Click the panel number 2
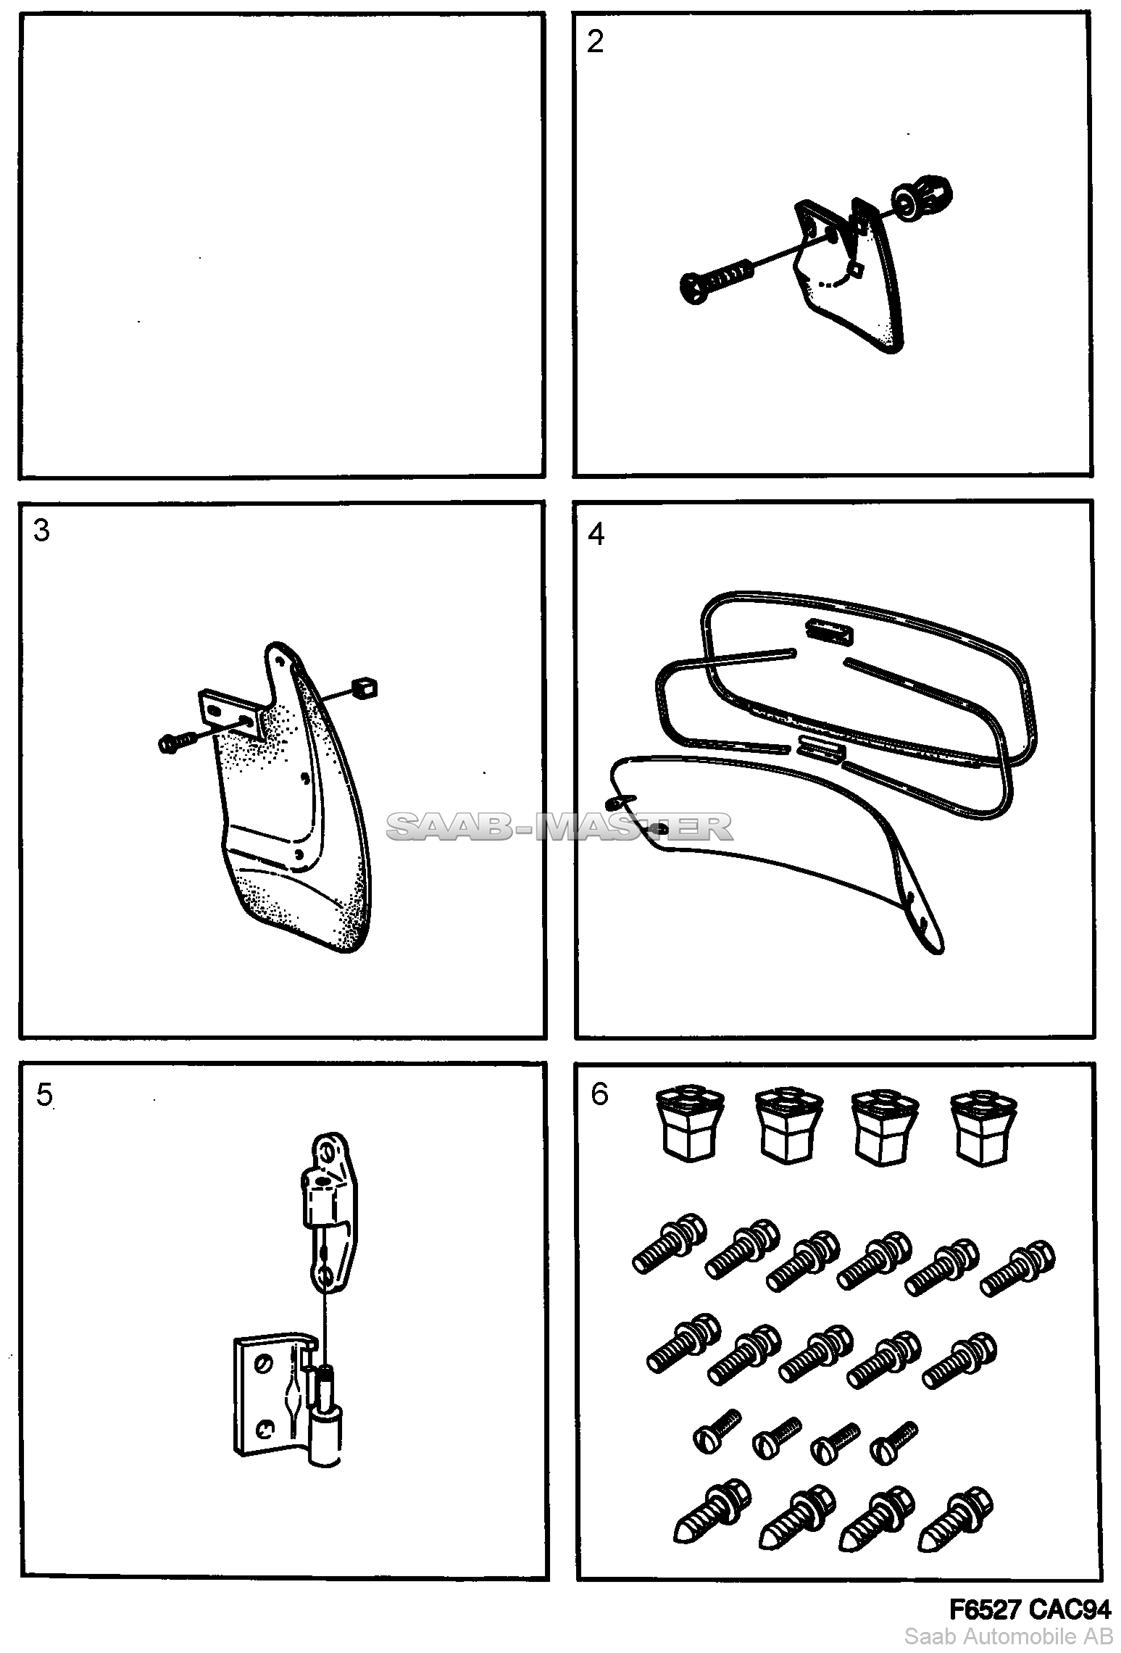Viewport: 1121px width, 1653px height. tap(595, 42)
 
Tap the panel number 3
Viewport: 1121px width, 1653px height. tap(42, 531)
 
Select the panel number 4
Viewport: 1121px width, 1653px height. tap(596, 533)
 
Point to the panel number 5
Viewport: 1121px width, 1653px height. tap(44, 1096)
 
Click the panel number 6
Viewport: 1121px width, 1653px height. tap(599, 1094)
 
